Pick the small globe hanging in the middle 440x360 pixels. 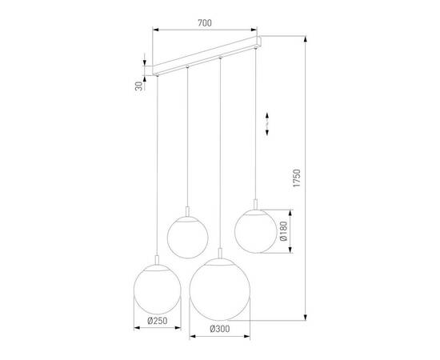(187, 235)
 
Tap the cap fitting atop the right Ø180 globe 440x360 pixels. (255, 203)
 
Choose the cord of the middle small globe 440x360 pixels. (187, 136)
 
